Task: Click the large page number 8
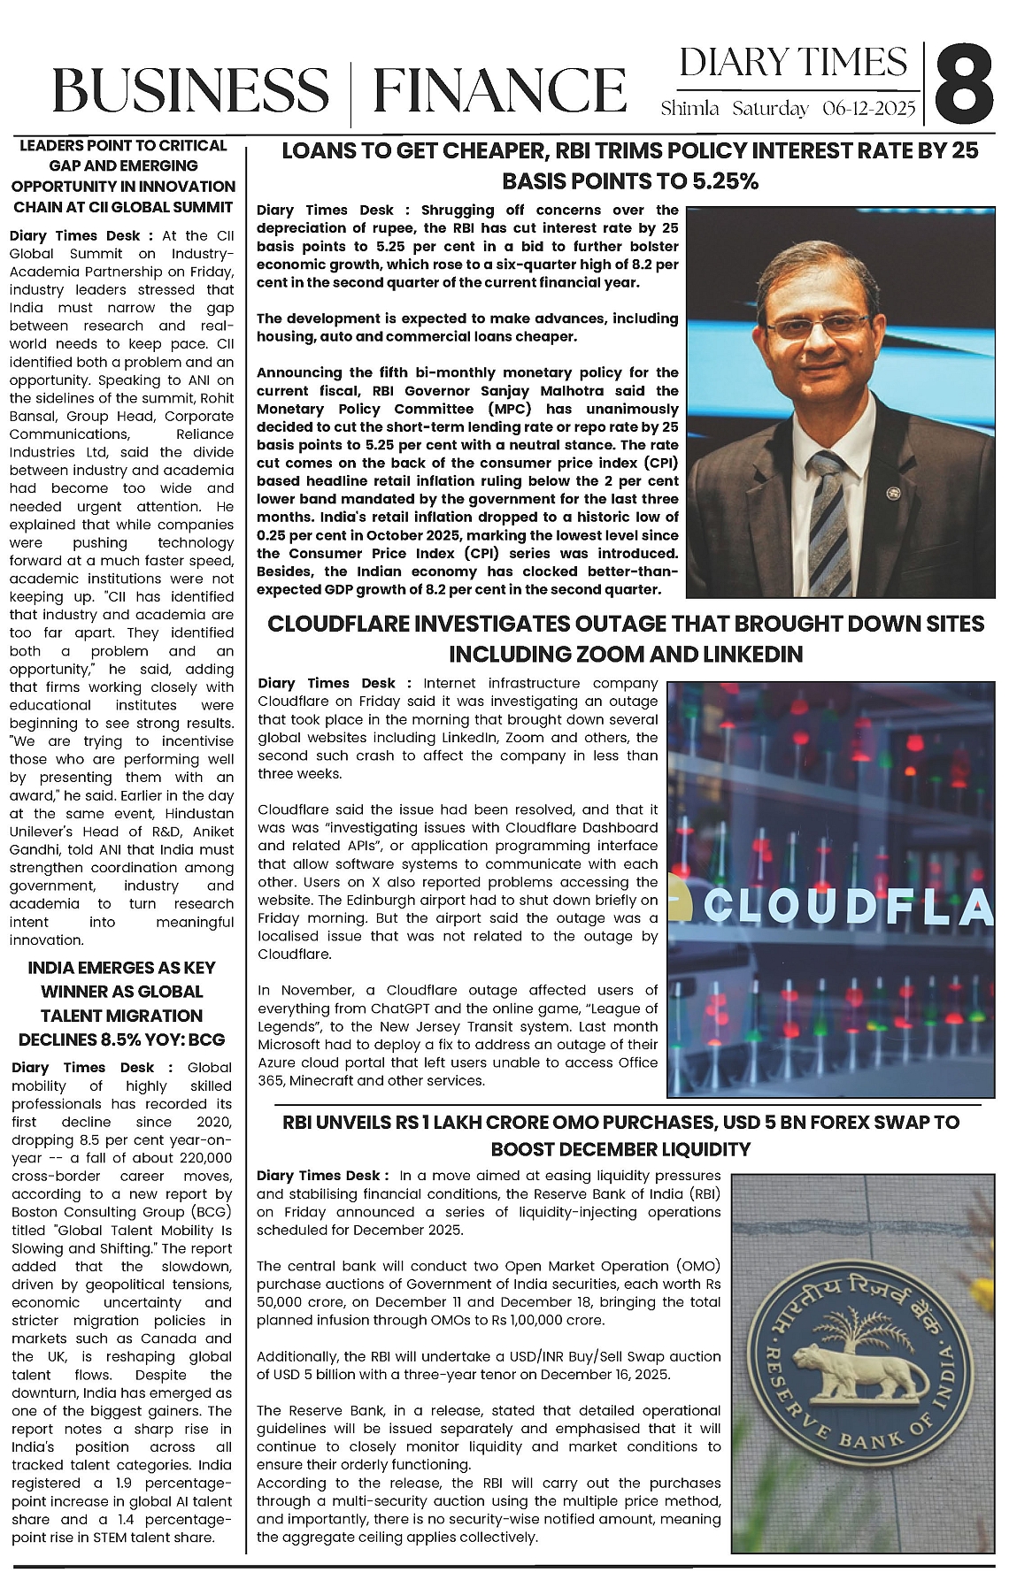point(962,87)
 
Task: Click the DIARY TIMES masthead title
point(793,63)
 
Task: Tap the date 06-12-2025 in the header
point(868,109)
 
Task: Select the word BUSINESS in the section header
point(189,91)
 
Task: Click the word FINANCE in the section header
point(499,91)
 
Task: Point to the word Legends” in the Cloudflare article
point(289,1026)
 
